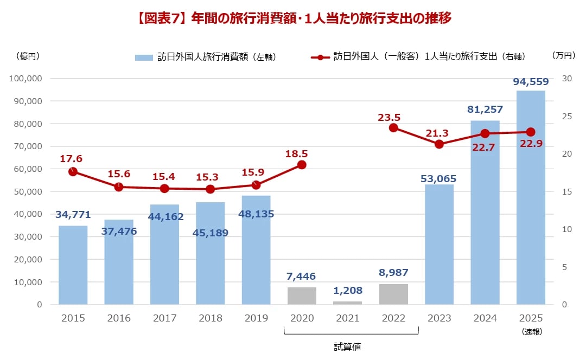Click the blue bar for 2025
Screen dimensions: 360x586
coord(531,198)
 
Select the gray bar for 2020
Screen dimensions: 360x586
coord(302,296)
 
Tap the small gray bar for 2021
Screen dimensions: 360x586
coord(347,303)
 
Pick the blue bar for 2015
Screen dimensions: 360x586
coord(73,265)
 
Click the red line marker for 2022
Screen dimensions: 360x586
coord(393,128)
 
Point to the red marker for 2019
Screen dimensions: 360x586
coord(256,185)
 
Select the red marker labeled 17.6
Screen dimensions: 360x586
coord(73,172)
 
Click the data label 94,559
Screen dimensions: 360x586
coord(531,82)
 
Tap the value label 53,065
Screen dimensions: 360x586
coord(438,178)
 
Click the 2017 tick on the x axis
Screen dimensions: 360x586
coord(164,318)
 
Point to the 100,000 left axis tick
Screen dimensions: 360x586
coord(26,79)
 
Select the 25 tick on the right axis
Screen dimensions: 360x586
coord(567,116)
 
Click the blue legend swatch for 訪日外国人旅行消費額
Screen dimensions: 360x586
coord(144,57)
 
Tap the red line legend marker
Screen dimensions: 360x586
coord(320,57)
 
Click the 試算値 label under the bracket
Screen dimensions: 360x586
coord(347,348)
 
